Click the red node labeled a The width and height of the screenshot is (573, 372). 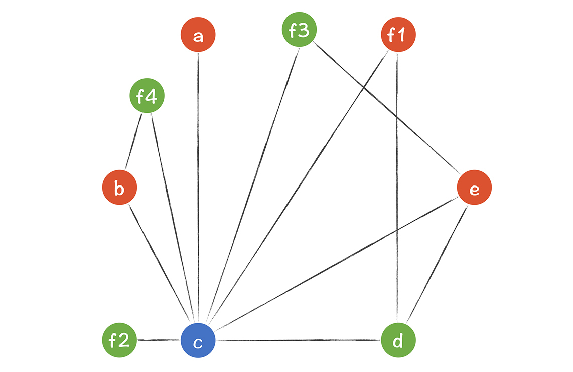click(198, 35)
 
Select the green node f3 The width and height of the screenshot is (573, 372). click(299, 30)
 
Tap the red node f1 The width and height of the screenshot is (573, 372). click(399, 35)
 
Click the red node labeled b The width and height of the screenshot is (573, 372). click(119, 189)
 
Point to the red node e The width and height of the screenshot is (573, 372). click(474, 188)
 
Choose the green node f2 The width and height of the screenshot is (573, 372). click(119, 341)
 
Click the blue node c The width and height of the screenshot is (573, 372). click(198, 341)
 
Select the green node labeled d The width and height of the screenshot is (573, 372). click(398, 341)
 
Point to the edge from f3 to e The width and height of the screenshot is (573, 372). click(386, 108)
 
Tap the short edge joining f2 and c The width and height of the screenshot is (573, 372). click(159, 341)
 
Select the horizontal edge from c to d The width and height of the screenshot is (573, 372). click(299, 341)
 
